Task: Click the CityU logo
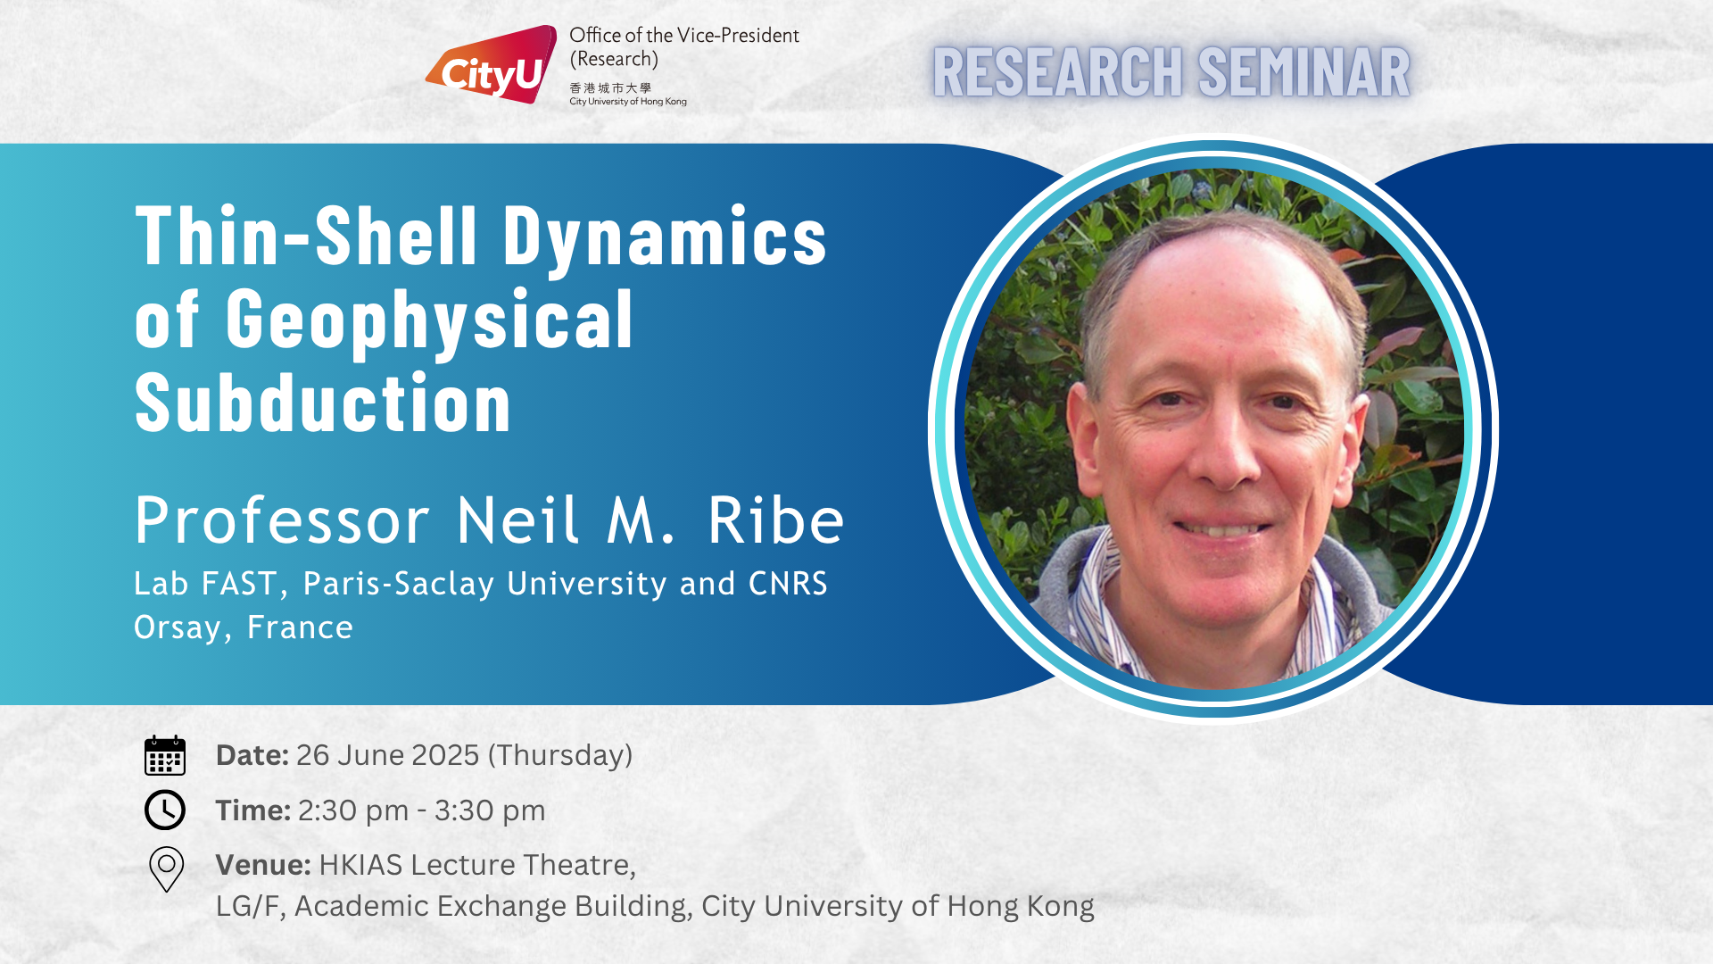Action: tap(492, 64)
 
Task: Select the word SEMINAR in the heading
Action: tap(1304, 72)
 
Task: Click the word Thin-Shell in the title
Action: tap(307, 236)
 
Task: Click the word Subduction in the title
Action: tap(323, 403)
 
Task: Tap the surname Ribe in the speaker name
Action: tap(776, 519)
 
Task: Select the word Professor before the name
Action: tap(283, 520)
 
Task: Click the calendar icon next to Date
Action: tap(165, 755)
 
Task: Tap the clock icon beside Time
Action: tap(165, 810)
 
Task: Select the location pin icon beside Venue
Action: tap(166, 868)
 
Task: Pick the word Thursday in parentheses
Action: tap(560, 756)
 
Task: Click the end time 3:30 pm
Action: tap(490, 811)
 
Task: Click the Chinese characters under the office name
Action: tap(610, 88)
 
